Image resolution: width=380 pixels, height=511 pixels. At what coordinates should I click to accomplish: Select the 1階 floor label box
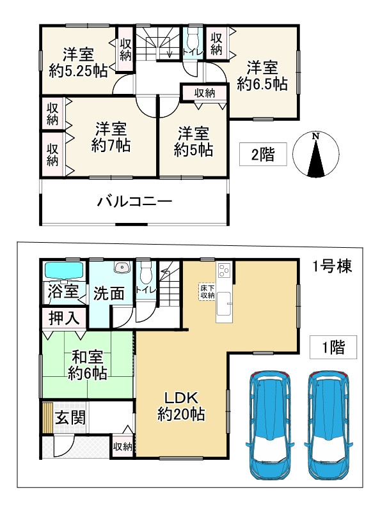pos(332,347)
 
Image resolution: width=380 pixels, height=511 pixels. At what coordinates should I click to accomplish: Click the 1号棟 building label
pos(331,266)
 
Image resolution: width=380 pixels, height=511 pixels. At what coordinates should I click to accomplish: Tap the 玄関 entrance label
pos(66,419)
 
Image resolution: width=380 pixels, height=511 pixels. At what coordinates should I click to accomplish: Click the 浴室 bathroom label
pos(63,293)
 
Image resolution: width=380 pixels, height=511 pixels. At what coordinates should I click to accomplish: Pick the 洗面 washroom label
pos(109,294)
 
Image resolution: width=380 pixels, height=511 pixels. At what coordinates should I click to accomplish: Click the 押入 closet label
pos(63,317)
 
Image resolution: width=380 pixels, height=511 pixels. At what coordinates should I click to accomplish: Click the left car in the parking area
pos(269,423)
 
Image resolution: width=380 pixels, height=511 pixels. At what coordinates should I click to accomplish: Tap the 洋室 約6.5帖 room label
pos(262,75)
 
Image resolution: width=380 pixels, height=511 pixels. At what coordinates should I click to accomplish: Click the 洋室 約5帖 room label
pos(193,141)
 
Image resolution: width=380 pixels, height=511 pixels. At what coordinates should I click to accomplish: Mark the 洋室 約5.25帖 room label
pos(77,61)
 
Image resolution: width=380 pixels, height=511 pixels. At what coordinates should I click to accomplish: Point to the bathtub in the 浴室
pos(64,271)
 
